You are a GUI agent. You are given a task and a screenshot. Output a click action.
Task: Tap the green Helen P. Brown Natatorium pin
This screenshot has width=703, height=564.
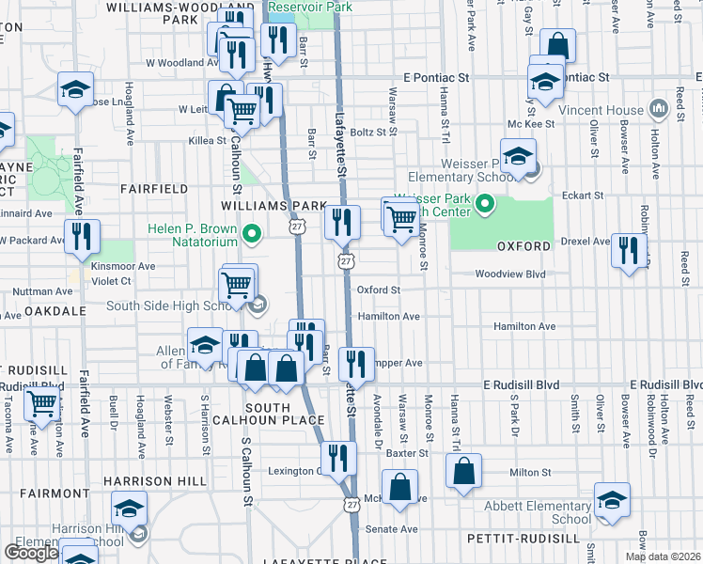click(251, 232)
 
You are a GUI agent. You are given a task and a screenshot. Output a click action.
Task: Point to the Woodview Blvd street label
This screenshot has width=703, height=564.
click(510, 274)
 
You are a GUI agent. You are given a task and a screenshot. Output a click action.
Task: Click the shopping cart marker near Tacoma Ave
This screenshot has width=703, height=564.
click(41, 404)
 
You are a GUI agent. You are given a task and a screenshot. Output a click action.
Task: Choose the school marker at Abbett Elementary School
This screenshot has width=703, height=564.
click(612, 500)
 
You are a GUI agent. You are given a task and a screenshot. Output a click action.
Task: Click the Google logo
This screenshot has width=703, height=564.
click(31, 552)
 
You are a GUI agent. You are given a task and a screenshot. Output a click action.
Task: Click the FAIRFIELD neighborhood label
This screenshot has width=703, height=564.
click(154, 189)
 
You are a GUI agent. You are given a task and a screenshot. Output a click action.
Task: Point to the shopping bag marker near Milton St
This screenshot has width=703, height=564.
click(464, 471)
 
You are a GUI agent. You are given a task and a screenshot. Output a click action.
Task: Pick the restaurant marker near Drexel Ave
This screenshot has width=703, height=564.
click(628, 251)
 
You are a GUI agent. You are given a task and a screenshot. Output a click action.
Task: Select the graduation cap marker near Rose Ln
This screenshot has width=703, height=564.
click(75, 89)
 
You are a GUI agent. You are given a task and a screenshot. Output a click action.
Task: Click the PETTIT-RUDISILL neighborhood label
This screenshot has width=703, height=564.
click(522, 539)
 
